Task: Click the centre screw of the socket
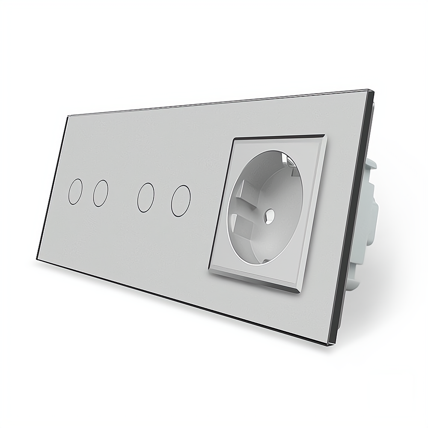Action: [x=270, y=213]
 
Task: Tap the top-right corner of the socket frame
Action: [x=326, y=136]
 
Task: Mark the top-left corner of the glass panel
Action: [x=68, y=115]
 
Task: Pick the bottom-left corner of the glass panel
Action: [x=37, y=259]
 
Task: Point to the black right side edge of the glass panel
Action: [x=351, y=214]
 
